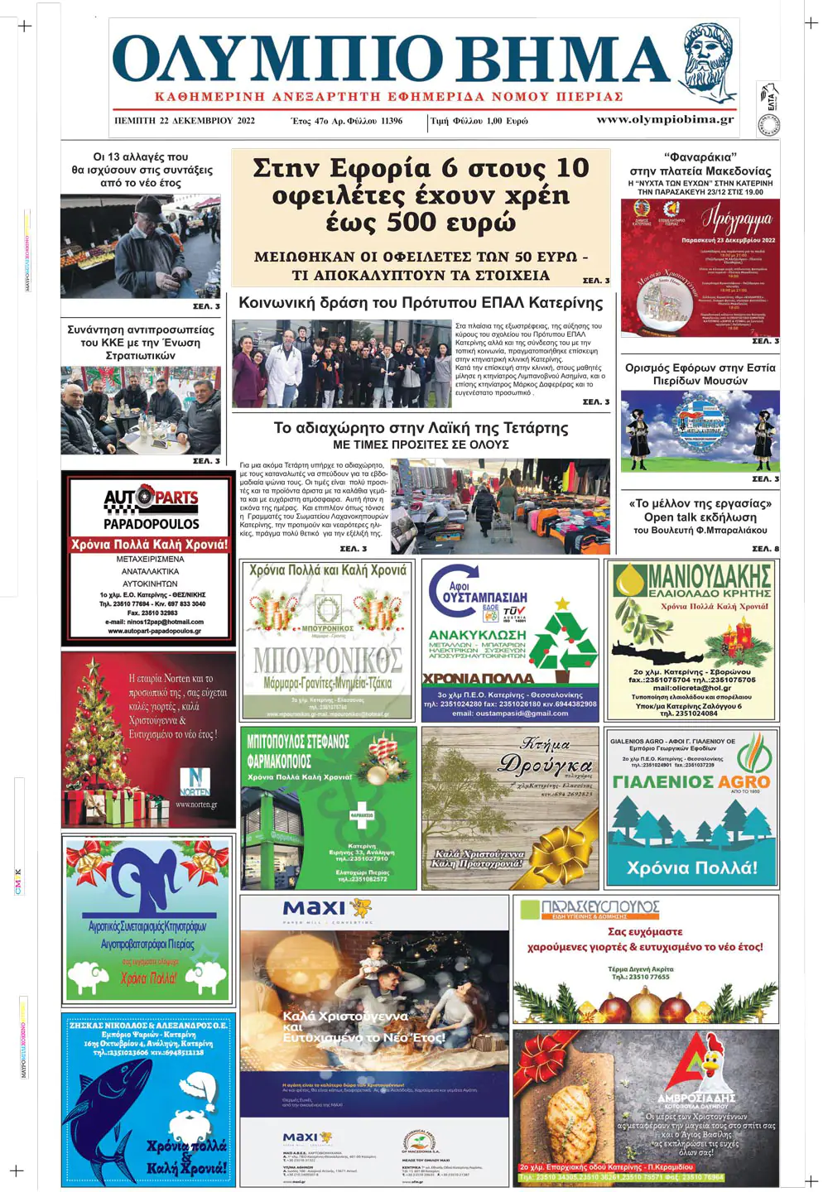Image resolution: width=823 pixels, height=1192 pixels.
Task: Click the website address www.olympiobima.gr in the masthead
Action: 664,119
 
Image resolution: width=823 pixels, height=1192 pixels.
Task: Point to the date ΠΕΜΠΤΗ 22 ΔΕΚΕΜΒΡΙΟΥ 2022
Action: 185,121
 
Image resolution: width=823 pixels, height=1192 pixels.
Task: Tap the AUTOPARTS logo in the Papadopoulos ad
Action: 151,497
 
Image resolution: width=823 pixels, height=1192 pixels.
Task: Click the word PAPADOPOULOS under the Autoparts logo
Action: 151,524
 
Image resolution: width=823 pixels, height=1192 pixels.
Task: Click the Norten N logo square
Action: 195,779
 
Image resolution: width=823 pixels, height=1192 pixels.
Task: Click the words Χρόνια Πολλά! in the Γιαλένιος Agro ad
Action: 691,868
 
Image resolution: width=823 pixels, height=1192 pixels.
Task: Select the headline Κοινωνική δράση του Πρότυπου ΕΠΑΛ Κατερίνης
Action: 421,303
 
